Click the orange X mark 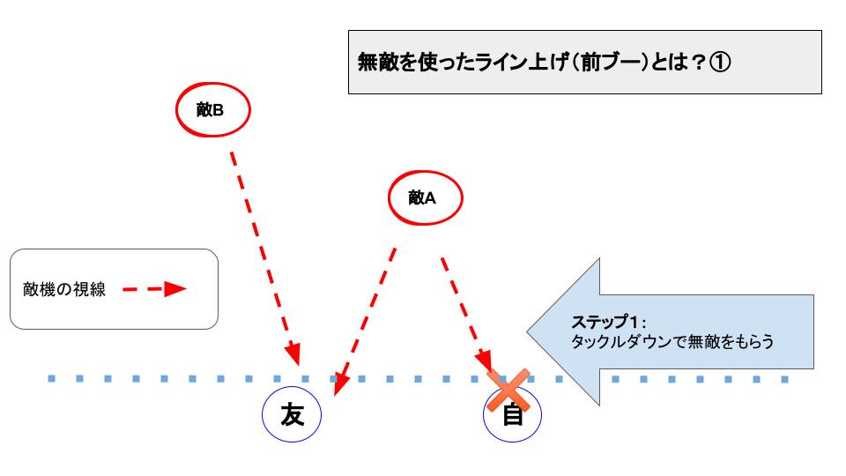pyautogui.click(x=508, y=390)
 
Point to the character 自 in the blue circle pyautogui.click(x=513, y=414)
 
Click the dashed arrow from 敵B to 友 pyautogui.click(x=265, y=259)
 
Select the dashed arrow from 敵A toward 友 pyautogui.click(x=365, y=322)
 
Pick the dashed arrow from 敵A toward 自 pyautogui.click(x=467, y=316)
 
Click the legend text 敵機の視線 pyautogui.click(x=64, y=290)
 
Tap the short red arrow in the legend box pyautogui.click(x=154, y=289)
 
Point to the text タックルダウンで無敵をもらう pyautogui.click(x=672, y=342)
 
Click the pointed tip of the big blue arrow pyautogui.click(x=528, y=331)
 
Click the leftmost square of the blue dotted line pyautogui.click(x=52, y=379)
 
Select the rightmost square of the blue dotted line pyautogui.click(x=785, y=379)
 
